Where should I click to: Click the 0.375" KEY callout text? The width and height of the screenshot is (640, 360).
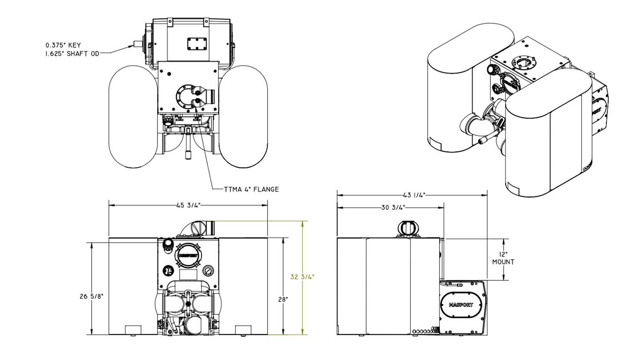click(63, 45)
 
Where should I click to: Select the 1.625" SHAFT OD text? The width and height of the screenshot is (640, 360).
click(72, 54)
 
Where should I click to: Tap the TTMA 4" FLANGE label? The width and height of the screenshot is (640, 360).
click(251, 189)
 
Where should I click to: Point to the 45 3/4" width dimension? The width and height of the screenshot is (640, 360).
click(188, 205)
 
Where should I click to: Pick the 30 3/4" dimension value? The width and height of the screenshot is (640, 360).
click(393, 208)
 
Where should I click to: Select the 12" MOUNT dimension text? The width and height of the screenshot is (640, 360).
click(503, 258)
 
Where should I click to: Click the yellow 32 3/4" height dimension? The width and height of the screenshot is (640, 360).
click(302, 277)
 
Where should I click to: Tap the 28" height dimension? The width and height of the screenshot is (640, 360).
click(283, 299)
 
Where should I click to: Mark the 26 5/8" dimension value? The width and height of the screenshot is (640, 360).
click(91, 296)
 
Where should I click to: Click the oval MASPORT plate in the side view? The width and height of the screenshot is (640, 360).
click(461, 305)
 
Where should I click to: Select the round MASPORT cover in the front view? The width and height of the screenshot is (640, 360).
click(188, 255)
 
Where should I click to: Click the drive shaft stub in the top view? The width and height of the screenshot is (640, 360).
click(138, 44)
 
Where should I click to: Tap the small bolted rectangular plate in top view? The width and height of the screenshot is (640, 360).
click(197, 44)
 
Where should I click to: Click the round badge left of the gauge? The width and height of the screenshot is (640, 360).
click(169, 270)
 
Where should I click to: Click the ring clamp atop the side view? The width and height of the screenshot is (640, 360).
click(409, 229)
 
